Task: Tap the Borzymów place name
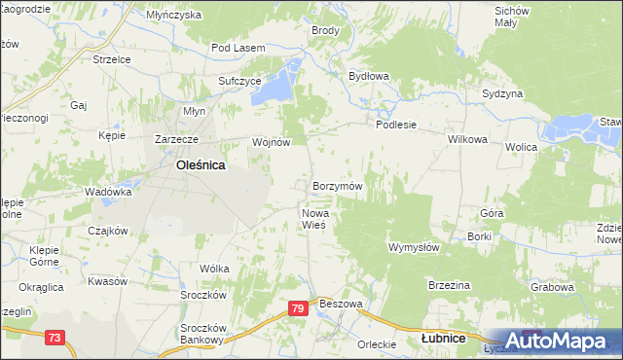[x=338, y=185]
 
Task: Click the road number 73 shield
[x=55, y=338]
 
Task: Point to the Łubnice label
[x=442, y=339]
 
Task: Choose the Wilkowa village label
[x=466, y=139]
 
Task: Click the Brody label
[x=325, y=30]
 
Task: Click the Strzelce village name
[x=111, y=59]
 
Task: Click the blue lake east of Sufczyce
[x=280, y=83]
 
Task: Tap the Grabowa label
[x=551, y=287]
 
